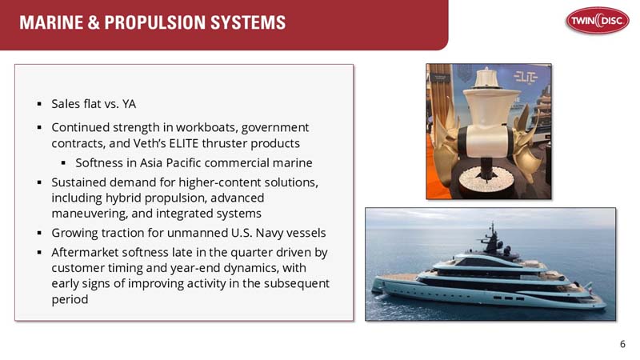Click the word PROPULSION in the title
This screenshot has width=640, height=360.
[159, 22]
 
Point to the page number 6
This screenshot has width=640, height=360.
[623, 345]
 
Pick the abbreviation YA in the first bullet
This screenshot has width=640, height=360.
[129, 104]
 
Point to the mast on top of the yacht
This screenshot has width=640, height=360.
[493, 234]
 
